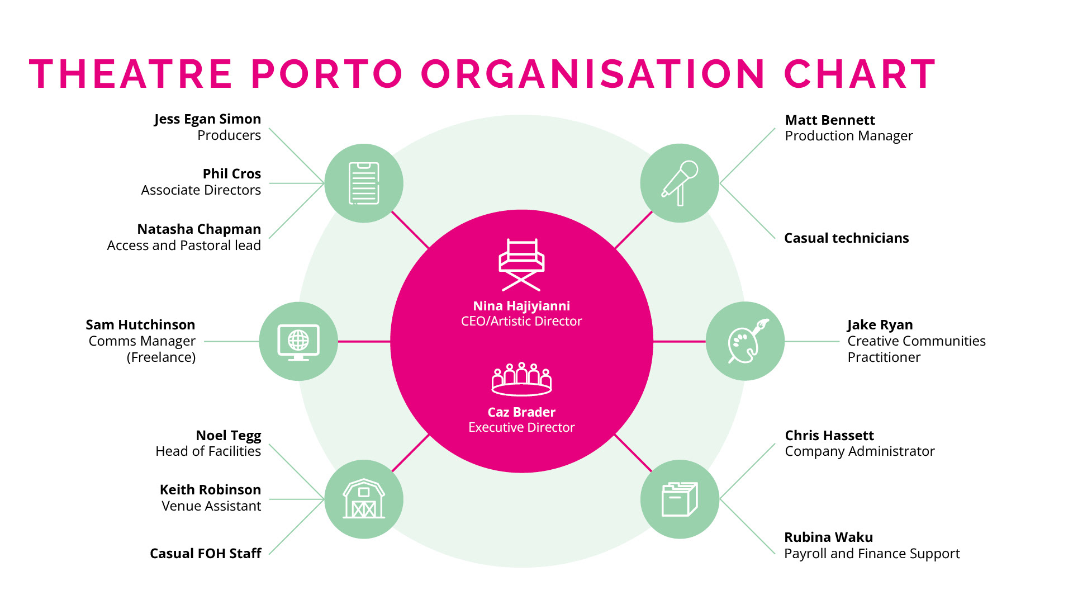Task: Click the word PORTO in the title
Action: (327, 74)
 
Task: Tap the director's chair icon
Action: (521, 265)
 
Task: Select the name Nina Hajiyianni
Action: (521, 306)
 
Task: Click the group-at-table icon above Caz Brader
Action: (521, 379)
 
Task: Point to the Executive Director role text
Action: (521, 427)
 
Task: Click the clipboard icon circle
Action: (364, 183)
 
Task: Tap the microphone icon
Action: (680, 183)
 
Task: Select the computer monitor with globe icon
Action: (298, 342)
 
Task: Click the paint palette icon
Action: (746, 341)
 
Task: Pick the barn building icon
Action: (364, 499)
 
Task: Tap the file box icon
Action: (680, 499)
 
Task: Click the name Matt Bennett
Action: (829, 120)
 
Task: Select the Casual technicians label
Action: (846, 238)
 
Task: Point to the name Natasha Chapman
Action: (199, 229)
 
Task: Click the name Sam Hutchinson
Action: (140, 325)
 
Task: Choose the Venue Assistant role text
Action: (211, 506)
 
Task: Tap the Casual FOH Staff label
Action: (205, 554)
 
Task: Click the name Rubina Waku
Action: (828, 537)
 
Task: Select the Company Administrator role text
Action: (860, 451)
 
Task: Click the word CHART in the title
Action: (860, 74)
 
